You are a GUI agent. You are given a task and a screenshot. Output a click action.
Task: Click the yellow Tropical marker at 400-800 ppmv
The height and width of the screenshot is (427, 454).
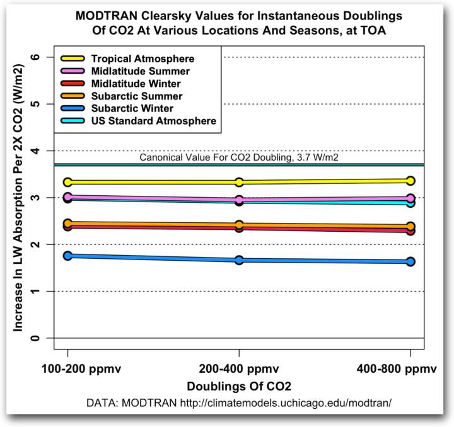(410, 181)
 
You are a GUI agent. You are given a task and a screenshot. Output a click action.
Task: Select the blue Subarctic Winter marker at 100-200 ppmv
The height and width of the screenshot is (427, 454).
(68, 256)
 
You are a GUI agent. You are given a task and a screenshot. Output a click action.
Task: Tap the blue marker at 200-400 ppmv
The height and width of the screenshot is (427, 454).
(239, 260)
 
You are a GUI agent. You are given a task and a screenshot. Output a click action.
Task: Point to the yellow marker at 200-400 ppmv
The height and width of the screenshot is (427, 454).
(239, 182)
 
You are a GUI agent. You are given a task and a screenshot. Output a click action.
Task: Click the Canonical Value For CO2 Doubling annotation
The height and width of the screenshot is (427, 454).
(239, 157)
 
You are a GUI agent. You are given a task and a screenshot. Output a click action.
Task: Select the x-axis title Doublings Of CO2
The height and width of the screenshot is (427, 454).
(239, 384)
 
